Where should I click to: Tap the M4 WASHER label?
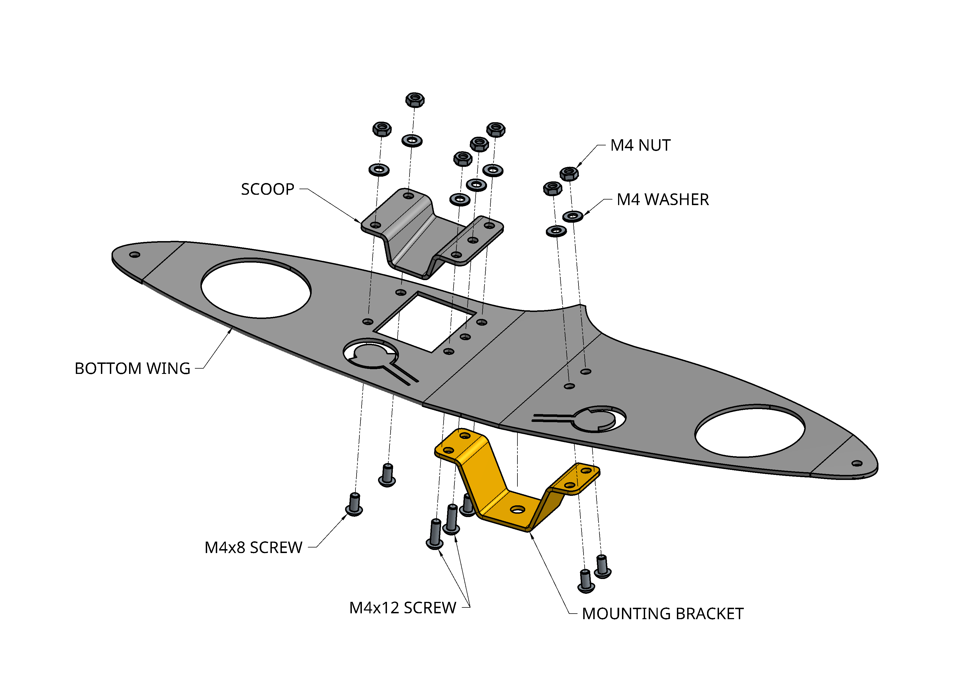(662, 200)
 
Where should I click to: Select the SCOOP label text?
(268, 189)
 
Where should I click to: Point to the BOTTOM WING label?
(132, 368)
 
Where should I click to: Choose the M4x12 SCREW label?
(403, 607)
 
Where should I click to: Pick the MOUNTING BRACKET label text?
(662, 614)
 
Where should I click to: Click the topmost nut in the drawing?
(415, 100)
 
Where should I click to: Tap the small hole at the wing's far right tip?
(857, 463)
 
